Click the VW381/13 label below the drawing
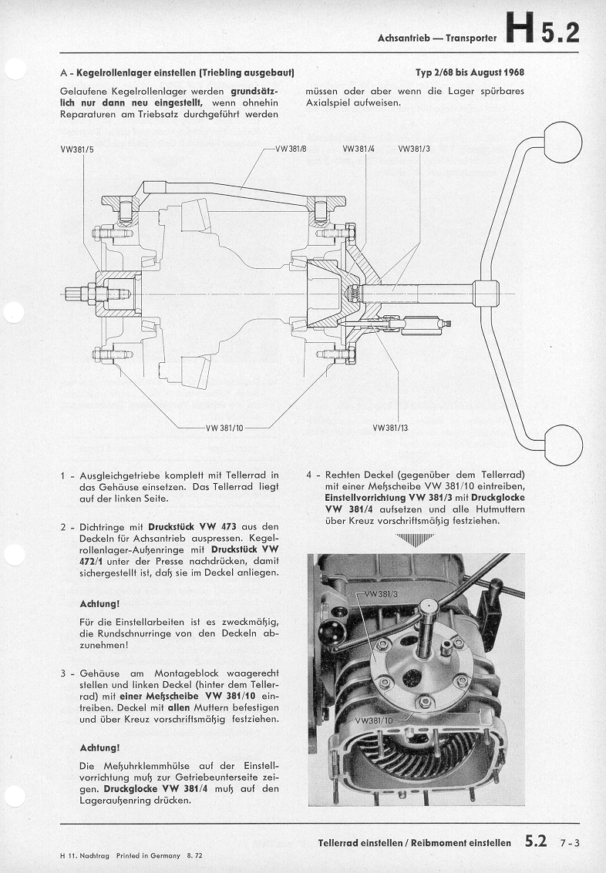point(390,427)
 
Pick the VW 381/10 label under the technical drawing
point(224,428)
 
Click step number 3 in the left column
point(63,673)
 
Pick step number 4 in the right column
point(309,475)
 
